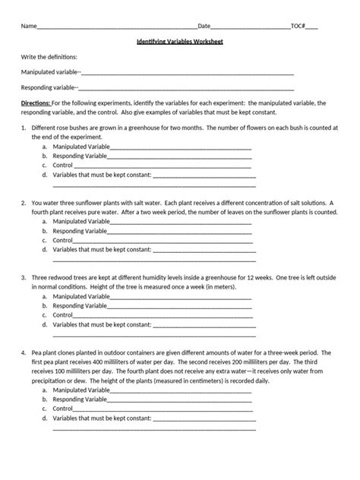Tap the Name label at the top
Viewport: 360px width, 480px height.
click(28, 25)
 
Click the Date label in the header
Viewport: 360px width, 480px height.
click(204, 25)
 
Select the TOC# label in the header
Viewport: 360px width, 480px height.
click(298, 25)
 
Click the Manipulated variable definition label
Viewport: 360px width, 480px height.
click(50, 72)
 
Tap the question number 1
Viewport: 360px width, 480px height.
click(24, 128)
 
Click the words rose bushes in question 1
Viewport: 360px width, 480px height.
click(68, 128)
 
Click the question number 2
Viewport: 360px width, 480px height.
click(24, 204)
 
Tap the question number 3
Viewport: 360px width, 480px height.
click(24, 278)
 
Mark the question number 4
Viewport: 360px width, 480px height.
click(24, 353)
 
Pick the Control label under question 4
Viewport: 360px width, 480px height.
click(62, 408)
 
